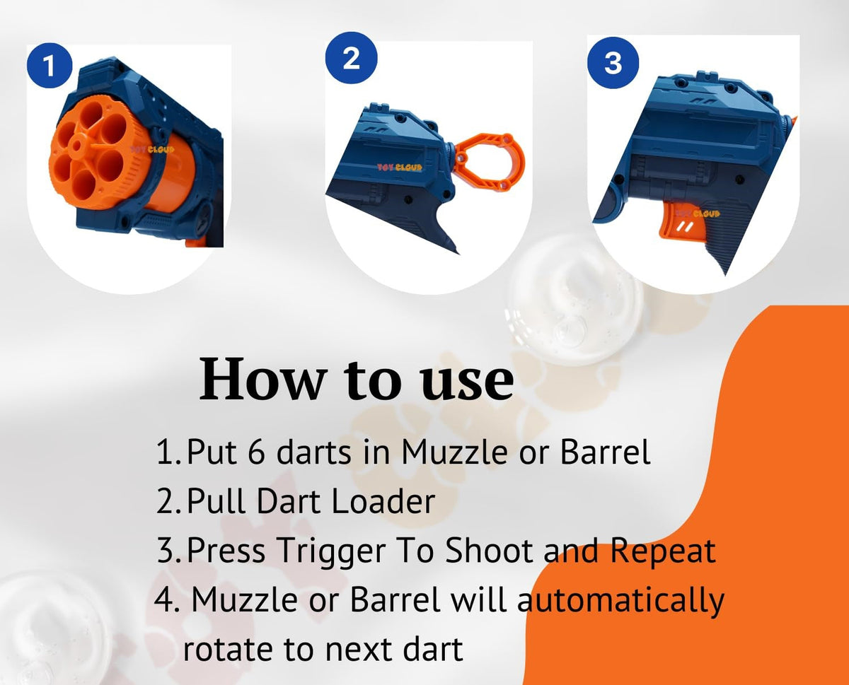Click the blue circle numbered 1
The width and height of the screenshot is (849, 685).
tap(50, 65)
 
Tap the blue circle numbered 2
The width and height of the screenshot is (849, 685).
tap(351, 58)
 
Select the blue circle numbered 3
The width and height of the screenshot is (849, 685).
tap(613, 63)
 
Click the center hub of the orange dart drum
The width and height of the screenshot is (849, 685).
tap(76, 146)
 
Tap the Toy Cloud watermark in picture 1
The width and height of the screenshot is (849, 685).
tap(152, 150)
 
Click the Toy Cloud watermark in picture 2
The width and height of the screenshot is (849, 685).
tap(400, 168)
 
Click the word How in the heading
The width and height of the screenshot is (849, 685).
tap(262, 378)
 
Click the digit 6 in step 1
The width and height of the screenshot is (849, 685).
tap(257, 452)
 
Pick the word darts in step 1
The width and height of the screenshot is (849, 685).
tap(313, 452)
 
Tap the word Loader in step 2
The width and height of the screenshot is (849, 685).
tap(383, 501)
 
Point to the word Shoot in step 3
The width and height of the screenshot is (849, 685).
tap(489, 551)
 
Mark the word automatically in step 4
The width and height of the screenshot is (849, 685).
tap(620, 602)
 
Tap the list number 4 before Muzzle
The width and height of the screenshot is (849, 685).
tap(164, 599)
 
